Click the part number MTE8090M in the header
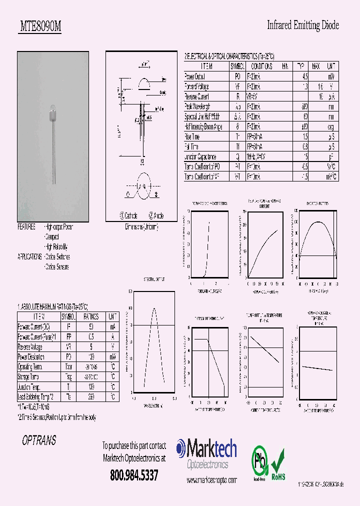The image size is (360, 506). (40, 27)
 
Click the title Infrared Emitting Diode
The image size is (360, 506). (303, 25)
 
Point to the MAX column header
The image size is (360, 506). (315, 66)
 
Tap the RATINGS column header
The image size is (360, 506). (91, 317)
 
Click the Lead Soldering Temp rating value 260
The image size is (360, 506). (91, 396)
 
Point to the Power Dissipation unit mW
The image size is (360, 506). (113, 357)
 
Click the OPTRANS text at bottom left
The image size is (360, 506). (39, 441)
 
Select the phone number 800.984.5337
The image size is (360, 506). (134, 475)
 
